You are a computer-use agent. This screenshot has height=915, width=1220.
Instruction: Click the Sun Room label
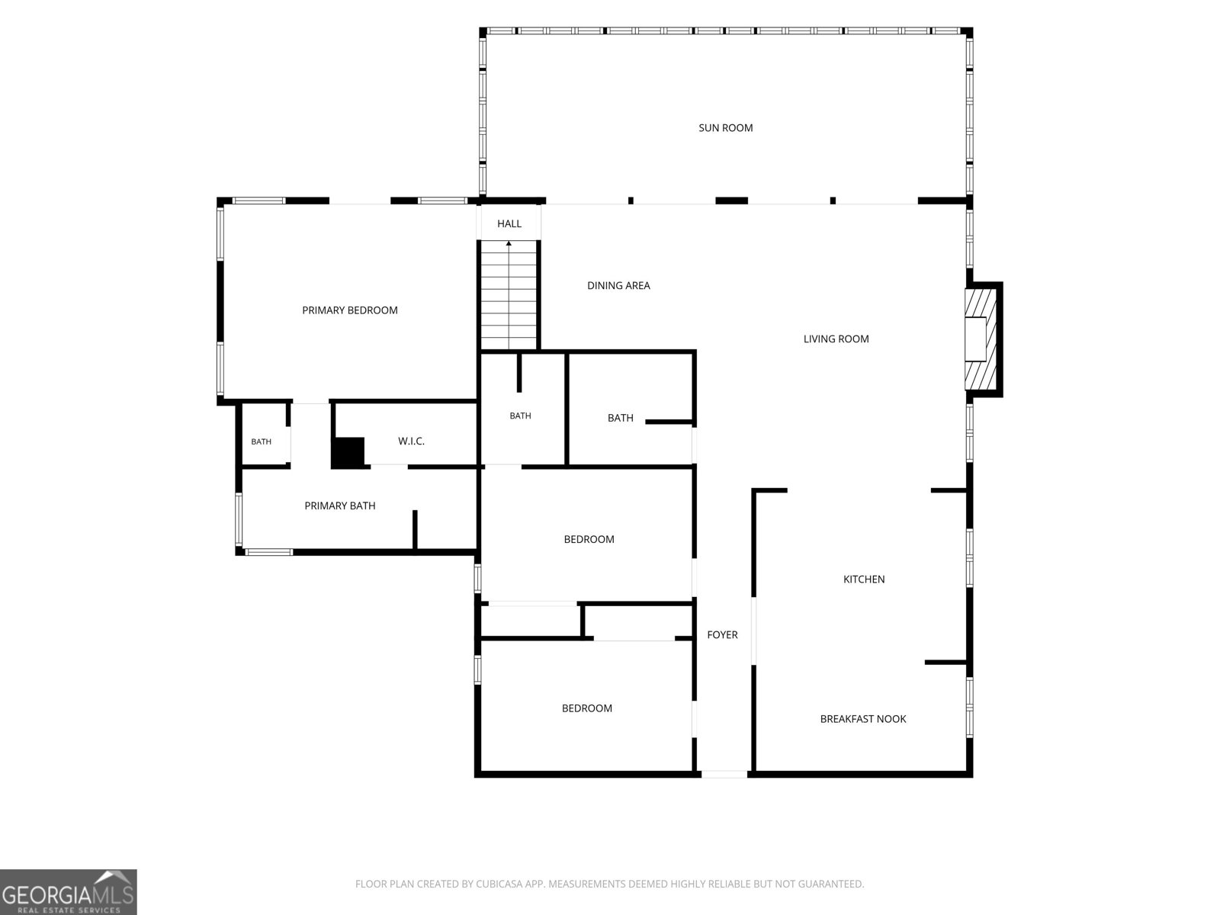725,128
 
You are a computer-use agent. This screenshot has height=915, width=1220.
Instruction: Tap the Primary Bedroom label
349,310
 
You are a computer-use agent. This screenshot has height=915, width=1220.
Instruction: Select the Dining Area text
618,285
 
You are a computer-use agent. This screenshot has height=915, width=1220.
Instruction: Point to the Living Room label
836,339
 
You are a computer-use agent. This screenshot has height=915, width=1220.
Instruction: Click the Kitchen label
864,579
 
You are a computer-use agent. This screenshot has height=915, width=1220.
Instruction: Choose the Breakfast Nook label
863,719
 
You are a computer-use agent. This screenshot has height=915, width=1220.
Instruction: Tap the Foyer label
722,634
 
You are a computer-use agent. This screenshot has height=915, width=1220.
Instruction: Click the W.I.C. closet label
411,441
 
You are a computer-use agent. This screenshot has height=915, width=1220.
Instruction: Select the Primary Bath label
339,506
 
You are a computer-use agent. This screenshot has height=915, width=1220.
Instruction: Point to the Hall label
509,223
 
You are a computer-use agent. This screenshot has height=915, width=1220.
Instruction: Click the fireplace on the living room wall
982,339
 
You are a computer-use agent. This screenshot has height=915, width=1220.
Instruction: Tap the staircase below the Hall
509,295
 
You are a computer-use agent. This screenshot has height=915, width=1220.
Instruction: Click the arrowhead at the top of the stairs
509,243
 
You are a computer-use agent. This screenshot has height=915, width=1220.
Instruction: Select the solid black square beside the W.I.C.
348,452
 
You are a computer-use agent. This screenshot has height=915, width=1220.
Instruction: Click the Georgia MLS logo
69,891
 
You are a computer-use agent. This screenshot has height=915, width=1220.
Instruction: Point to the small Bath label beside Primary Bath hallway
261,441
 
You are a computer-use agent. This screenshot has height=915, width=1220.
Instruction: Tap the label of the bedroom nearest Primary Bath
589,539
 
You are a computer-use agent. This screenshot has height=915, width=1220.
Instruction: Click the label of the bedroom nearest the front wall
586,708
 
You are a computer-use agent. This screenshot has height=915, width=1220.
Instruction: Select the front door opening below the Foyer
724,774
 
